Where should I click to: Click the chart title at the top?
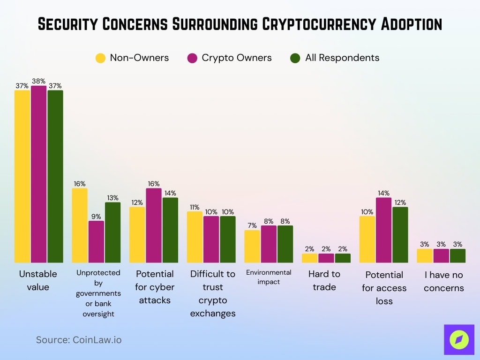click(240, 24)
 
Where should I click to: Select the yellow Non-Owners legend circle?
click(100, 58)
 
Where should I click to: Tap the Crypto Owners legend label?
click(236, 58)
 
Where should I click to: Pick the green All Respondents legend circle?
click(295, 58)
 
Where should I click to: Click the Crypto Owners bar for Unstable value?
click(39, 174)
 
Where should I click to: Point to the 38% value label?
click(39, 81)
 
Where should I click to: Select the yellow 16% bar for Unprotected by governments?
click(80, 225)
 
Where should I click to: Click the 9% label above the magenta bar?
click(96, 217)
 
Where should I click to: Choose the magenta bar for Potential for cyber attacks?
click(154, 225)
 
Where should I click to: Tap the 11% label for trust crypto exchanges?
click(195, 207)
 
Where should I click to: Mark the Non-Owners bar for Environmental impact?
click(252, 246)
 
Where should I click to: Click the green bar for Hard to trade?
click(343, 258)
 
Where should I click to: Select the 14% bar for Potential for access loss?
click(383, 230)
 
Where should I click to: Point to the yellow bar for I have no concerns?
click(425, 255)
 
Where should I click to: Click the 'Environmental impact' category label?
click(269, 277)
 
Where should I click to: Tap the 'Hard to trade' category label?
click(324, 280)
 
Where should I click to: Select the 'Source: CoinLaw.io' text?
click(79, 340)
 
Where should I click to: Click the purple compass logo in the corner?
click(459, 339)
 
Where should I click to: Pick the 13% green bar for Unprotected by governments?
click(112, 232)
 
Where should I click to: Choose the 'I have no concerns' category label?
click(443, 281)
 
